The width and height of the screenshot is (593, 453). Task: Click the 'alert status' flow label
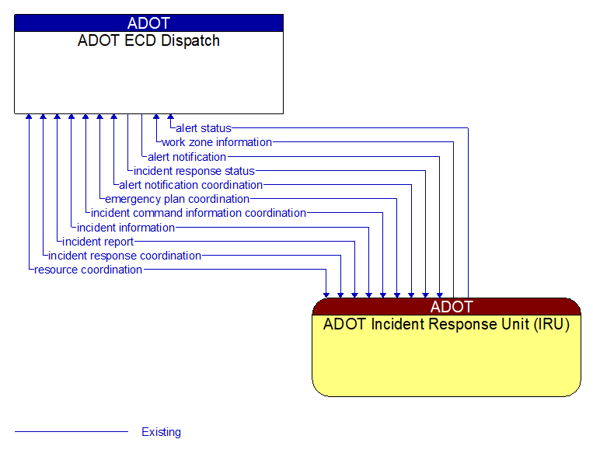pyautogui.click(x=203, y=128)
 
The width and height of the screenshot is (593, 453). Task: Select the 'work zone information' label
pyautogui.click(x=217, y=142)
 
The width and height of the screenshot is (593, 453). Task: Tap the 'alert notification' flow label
pyautogui.click(x=187, y=157)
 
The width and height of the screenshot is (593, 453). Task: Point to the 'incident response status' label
pyautogui.click(x=194, y=171)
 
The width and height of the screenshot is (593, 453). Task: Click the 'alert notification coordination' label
pyautogui.click(x=190, y=185)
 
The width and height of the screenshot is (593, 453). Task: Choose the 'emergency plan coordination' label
pyautogui.click(x=177, y=199)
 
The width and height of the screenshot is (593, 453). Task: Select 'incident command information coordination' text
pyautogui.click(x=198, y=213)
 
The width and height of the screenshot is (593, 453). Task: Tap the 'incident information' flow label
pyautogui.click(x=126, y=228)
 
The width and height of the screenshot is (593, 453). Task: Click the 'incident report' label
pyautogui.click(x=99, y=242)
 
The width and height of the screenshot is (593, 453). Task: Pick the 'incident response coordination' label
pyautogui.click(x=124, y=256)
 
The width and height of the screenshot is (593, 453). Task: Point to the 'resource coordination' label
pyautogui.click(x=89, y=270)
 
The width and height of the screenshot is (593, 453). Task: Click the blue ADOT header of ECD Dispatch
pyautogui.click(x=148, y=23)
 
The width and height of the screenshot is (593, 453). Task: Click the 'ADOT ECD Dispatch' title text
pyautogui.click(x=148, y=41)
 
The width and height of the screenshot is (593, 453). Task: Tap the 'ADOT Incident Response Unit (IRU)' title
pyautogui.click(x=446, y=325)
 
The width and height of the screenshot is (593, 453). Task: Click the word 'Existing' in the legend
pyautogui.click(x=161, y=432)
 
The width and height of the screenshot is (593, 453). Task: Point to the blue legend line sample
pyautogui.click(x=71, y=432)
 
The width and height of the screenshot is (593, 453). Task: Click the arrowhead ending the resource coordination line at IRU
pyautogui.click(x=326, y=294)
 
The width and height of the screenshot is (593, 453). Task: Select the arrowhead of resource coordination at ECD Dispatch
pyautogui.click(x=29, y=118)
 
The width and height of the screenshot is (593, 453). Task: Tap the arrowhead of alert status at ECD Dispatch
pyautogui.click(x=170, y=118)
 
